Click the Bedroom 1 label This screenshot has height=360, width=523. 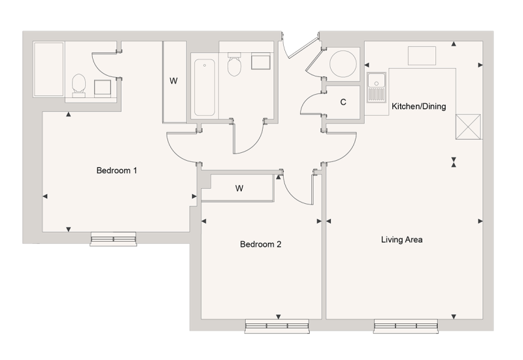(x=116, y=171)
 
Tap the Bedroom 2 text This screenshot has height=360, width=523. (x=260, y=245)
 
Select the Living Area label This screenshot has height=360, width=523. (x=401, y=240)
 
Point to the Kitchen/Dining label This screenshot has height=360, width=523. (x=418, y=106)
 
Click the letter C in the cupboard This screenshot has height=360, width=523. (x=343, y=103)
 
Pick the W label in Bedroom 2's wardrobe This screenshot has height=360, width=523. (x=239, y=189)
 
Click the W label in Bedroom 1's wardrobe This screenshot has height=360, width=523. (x=173, y=81)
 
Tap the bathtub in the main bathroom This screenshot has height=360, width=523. (x=203, y=87)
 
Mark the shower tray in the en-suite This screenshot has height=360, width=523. (x=48, y=69)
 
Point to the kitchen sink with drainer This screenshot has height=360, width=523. (x=376, y=89)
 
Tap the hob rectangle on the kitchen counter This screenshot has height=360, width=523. (x=422, y=56)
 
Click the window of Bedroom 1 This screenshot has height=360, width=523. (x=113, y=239)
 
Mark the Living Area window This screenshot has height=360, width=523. (x=405, y=325)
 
